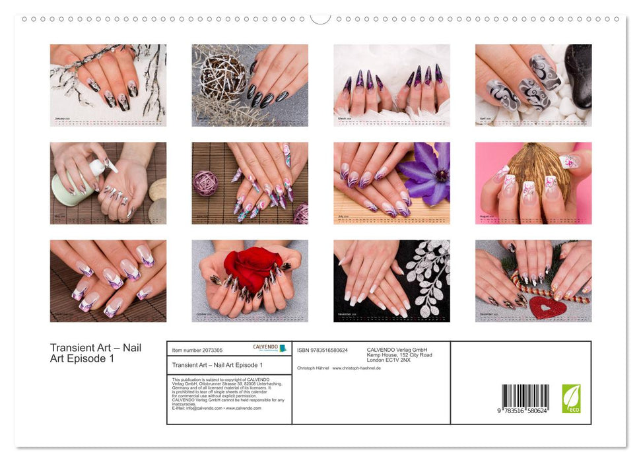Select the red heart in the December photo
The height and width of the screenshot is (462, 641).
[x=548, y=308]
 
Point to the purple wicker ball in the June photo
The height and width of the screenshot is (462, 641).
[x=205, y=183]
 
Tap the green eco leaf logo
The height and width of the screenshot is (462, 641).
[x=571, y=398]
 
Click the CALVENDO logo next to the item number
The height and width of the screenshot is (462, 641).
[x=269, y=348]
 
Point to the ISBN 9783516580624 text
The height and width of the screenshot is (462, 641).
[x=323, y=350]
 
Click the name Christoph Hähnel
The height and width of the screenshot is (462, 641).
[x=313, y=368]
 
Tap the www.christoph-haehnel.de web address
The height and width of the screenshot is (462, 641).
[x=356, y=368]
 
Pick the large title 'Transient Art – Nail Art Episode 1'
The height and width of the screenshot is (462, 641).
[x=95, y=353]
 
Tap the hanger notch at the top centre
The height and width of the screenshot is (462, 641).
[x=321, y=18]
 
